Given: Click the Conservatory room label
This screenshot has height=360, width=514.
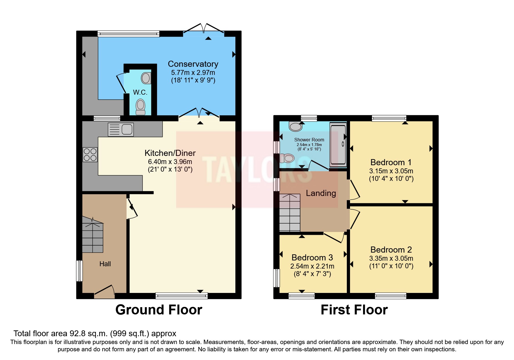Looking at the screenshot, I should coord(193,64).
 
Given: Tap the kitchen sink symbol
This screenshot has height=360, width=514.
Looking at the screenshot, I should coord(121,129).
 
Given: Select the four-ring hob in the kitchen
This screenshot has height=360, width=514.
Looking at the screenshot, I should coord(90,154).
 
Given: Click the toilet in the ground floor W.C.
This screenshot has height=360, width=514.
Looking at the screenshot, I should coord(140,107).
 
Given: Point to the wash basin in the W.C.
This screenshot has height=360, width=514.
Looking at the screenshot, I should coord(146,78).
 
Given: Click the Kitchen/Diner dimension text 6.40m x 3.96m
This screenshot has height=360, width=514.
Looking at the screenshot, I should coord(170,162).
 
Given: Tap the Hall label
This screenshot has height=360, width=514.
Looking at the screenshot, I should coord(105,264).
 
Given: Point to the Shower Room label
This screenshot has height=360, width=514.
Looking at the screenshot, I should coord(309,140).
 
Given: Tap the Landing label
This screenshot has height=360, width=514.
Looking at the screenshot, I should coord(321,193).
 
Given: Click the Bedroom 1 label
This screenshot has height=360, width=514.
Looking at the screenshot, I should coord(391,162).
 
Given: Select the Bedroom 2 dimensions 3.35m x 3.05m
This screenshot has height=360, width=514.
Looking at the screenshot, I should coord(391,258).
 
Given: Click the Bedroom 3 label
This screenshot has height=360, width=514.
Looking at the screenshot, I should coord(312,258).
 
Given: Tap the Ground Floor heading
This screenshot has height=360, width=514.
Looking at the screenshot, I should coord(159,310).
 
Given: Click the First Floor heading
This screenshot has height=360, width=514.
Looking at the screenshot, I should coord(354,310).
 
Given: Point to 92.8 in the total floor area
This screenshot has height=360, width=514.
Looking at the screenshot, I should coord(76,334).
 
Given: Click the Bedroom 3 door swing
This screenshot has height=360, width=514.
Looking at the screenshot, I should coord(335,237).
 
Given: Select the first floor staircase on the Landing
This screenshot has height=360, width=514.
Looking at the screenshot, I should coord(290,213).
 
